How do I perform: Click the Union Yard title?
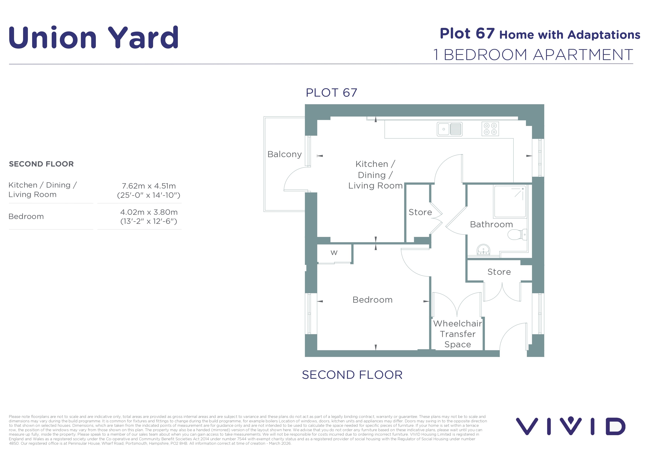[94, 37]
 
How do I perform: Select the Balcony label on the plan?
[285, 154]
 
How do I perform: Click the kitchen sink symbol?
[450, 129]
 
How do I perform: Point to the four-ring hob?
[490, 129]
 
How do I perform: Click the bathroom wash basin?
[483, 250]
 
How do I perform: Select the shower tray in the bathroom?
[510, 201]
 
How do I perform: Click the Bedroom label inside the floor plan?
[372, 300]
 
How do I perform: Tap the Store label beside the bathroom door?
[420, 212]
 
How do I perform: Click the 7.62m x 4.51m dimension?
[149, 186]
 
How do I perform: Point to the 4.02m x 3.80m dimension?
[149, 212]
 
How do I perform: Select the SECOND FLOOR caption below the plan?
[352, 375]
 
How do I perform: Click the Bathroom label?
[491, 224]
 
